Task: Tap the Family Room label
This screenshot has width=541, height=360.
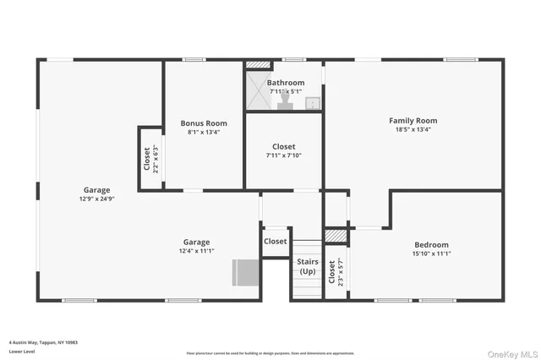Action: coord(413,121)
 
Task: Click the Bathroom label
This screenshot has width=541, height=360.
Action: coord(285,83)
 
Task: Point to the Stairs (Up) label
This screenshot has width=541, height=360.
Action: coord(308,266)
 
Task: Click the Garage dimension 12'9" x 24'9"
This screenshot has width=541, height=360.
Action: coord(96,199)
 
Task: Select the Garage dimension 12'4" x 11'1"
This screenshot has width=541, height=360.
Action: coord(196,251)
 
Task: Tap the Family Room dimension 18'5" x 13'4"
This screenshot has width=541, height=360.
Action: coord(413,130)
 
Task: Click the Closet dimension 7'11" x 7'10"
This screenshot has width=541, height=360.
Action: coord(283,155)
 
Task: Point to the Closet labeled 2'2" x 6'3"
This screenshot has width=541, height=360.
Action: coord(150,159)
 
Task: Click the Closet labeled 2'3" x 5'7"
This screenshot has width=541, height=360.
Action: coord(336,271)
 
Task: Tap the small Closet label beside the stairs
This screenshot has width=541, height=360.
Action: coord(276,242)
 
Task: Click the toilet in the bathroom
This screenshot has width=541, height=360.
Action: coord(286,102)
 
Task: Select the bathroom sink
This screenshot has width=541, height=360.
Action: coord(312,103)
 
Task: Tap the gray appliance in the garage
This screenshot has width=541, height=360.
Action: coord(246,273)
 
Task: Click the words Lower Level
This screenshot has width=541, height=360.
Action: coord(20,352)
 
